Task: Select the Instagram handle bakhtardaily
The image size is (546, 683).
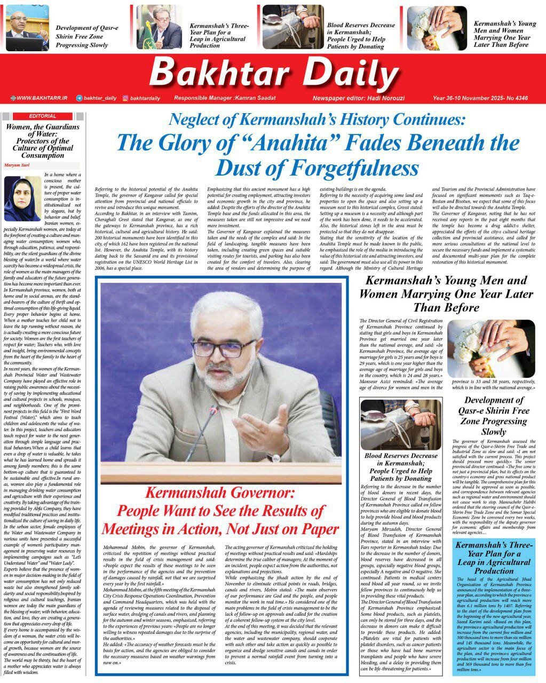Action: pyautogui.click(x=145, y=98)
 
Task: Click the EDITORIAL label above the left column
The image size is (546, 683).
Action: pyautogui.click(x=43, y=116)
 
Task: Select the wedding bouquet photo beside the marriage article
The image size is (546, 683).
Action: pyautogui.click(x=490, y=348)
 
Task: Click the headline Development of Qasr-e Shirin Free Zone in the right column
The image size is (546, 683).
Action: pyautogui.click(x=494, y=416)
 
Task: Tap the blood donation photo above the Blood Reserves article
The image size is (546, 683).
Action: pyautogui.click(x=401, y=424)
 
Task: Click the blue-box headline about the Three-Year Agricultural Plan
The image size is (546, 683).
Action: pyautogui.click(x=493, y=558)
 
